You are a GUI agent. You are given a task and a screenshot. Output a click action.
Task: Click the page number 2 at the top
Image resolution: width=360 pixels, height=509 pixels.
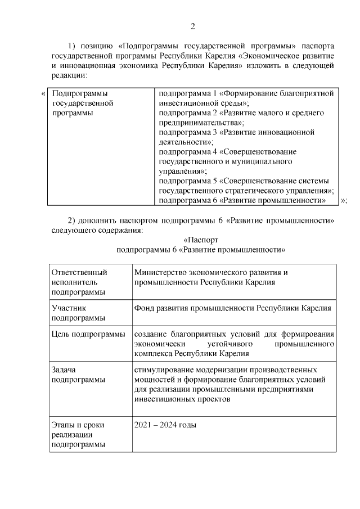coord(192,26)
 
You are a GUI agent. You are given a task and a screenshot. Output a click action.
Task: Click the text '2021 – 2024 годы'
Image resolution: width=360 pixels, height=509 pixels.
coord(165,425)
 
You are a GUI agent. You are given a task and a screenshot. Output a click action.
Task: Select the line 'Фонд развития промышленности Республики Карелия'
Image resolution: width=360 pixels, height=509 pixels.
coord(233,308)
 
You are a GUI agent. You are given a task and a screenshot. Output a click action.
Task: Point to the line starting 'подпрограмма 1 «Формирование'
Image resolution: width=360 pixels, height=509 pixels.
coord(246,93)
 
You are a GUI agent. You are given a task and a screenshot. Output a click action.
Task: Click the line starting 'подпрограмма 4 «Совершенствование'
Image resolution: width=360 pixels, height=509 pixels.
coord(228,151)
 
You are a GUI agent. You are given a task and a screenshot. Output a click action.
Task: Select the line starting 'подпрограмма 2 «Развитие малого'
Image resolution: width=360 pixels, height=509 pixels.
coord(241,113)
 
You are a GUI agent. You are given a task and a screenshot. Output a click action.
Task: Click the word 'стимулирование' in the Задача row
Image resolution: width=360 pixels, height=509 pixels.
coord(164,370)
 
